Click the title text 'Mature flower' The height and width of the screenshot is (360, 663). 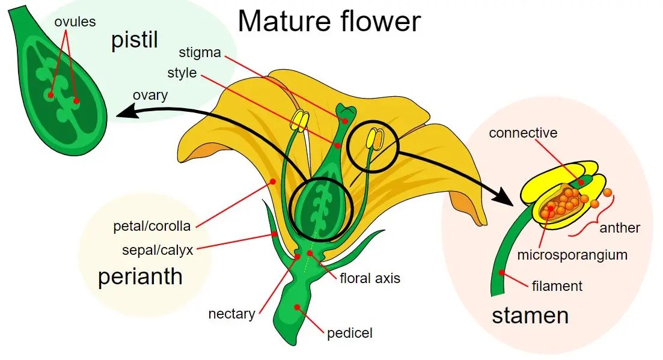pyautogui.click(x=329, y=21)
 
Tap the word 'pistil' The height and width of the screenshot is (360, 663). pyautogui.click(x=135, y=40)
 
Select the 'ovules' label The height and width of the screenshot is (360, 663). pyautogui.click(x=75, y=22)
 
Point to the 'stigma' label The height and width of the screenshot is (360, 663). pyautogui.click(x=200, y=53)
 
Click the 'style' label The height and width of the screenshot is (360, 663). pyautogui.click(x=182, y=73)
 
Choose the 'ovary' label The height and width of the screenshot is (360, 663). pyautogui.click(x=150, y=95)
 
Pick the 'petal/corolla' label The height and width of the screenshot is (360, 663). pyautogui.click(x=152, y=227)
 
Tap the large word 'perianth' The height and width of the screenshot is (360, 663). pyautogui.click(x=140, y=276)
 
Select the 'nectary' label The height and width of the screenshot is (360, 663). pyautogui.click(x=231, y=314)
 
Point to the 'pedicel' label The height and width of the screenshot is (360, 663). pyautogui.click(x=350, y=332)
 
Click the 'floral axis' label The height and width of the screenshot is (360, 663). pyautogui.click(x=370, y=278)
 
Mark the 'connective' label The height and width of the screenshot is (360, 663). pyautogui.click(x=523, y=133)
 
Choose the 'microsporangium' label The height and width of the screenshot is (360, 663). pyautogui.click(x=572, y=255)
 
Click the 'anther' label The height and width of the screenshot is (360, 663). pyautogui.click(x=620, y=228)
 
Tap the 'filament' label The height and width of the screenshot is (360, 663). pyautogui.click(x=557, y=285)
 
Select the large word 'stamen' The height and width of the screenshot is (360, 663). pyautogui.click(x=530, y=316)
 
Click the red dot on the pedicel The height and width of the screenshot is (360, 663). pyautogui.click(x=296, y=307)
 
